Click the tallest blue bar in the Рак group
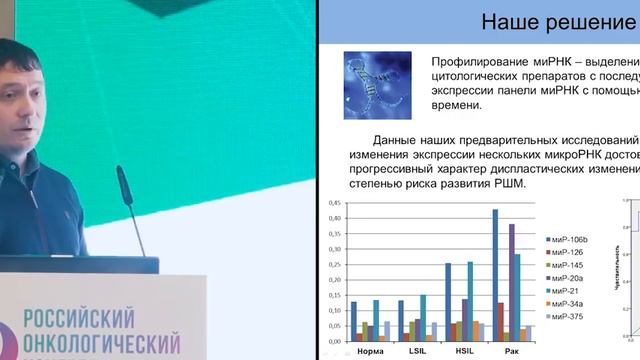click(x=495, y=275)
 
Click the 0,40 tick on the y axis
click(x=334, y=218)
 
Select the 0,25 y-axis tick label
click(x=334, y=264)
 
